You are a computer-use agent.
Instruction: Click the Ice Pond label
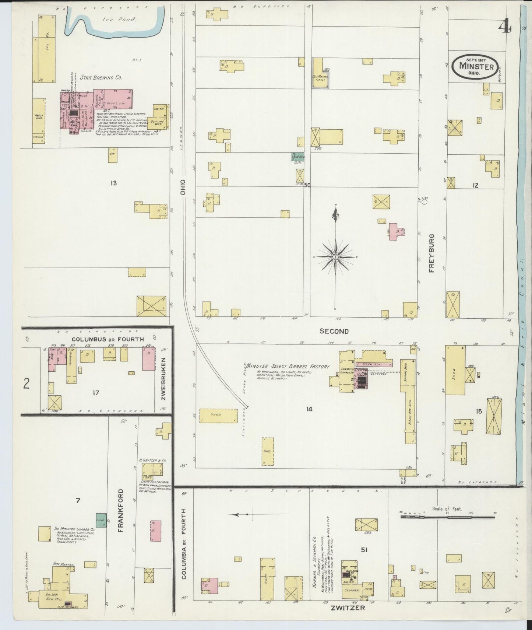click(119, 20)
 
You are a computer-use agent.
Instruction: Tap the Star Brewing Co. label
click(101, 78)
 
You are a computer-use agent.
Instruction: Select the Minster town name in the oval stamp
click(476, 67)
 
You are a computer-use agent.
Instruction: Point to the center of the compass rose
click(336, 256)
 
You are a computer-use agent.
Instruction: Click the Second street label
click(334, 331)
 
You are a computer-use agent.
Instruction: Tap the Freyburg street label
click(431, 253)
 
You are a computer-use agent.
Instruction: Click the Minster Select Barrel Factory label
click(288, 367)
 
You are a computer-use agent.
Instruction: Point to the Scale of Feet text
click(447, 509)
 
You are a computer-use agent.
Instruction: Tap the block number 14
click(309, 409)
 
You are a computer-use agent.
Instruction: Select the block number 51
click(364, 550)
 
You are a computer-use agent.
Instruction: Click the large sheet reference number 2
click(26, 384)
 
